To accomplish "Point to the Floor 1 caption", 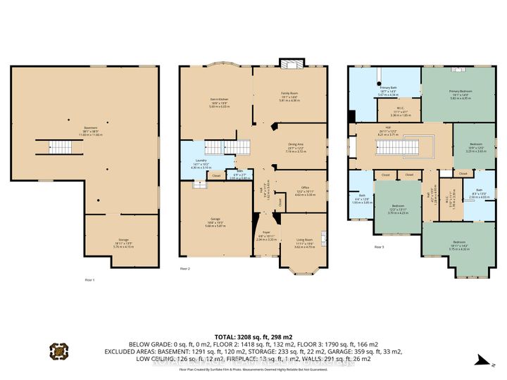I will click(89, 279).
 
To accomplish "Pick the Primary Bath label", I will click(387, 91).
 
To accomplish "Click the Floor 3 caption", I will click(379, 247).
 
